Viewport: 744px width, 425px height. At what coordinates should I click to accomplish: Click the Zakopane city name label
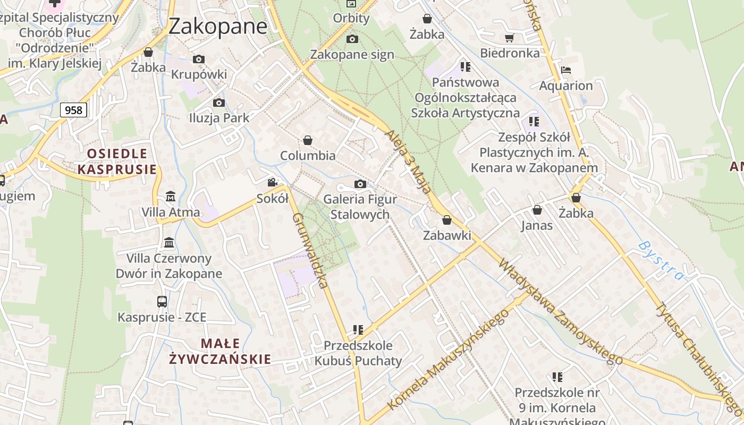[x=218, y=26]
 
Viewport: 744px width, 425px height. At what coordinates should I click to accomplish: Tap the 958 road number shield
[x=73, y=110]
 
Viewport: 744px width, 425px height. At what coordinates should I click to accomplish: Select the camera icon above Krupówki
[x=199, y=59]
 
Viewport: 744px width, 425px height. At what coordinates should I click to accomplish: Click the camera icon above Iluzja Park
[x=218, y=103]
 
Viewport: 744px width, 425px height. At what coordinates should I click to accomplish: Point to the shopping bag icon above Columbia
[x=307, y=140]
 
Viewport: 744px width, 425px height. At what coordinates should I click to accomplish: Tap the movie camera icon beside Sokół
[x=273, y=183]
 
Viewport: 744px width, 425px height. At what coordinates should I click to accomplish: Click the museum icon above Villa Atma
[x=171, y=196]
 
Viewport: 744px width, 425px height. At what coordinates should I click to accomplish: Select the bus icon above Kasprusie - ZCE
[x=162, y=302]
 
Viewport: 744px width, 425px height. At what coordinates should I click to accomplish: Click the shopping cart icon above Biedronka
[x=510, y=38]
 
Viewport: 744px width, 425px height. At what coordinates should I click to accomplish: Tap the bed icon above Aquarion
[x=566, y=70]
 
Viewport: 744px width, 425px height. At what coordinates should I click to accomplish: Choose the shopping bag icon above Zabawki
[x=447, y=220]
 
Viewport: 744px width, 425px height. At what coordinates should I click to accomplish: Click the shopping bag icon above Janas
[x=537, y=210]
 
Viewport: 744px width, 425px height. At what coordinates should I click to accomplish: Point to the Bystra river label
[x=661, y=261]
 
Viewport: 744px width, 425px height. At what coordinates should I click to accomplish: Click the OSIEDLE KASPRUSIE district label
[x=117, y=161]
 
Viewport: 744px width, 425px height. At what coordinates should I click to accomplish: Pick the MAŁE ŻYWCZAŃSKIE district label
[x=220, y=351]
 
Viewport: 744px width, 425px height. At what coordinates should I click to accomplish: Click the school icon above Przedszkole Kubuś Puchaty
[x=358, y=330]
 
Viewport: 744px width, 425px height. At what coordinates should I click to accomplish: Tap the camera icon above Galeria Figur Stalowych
[x=360, y=184]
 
